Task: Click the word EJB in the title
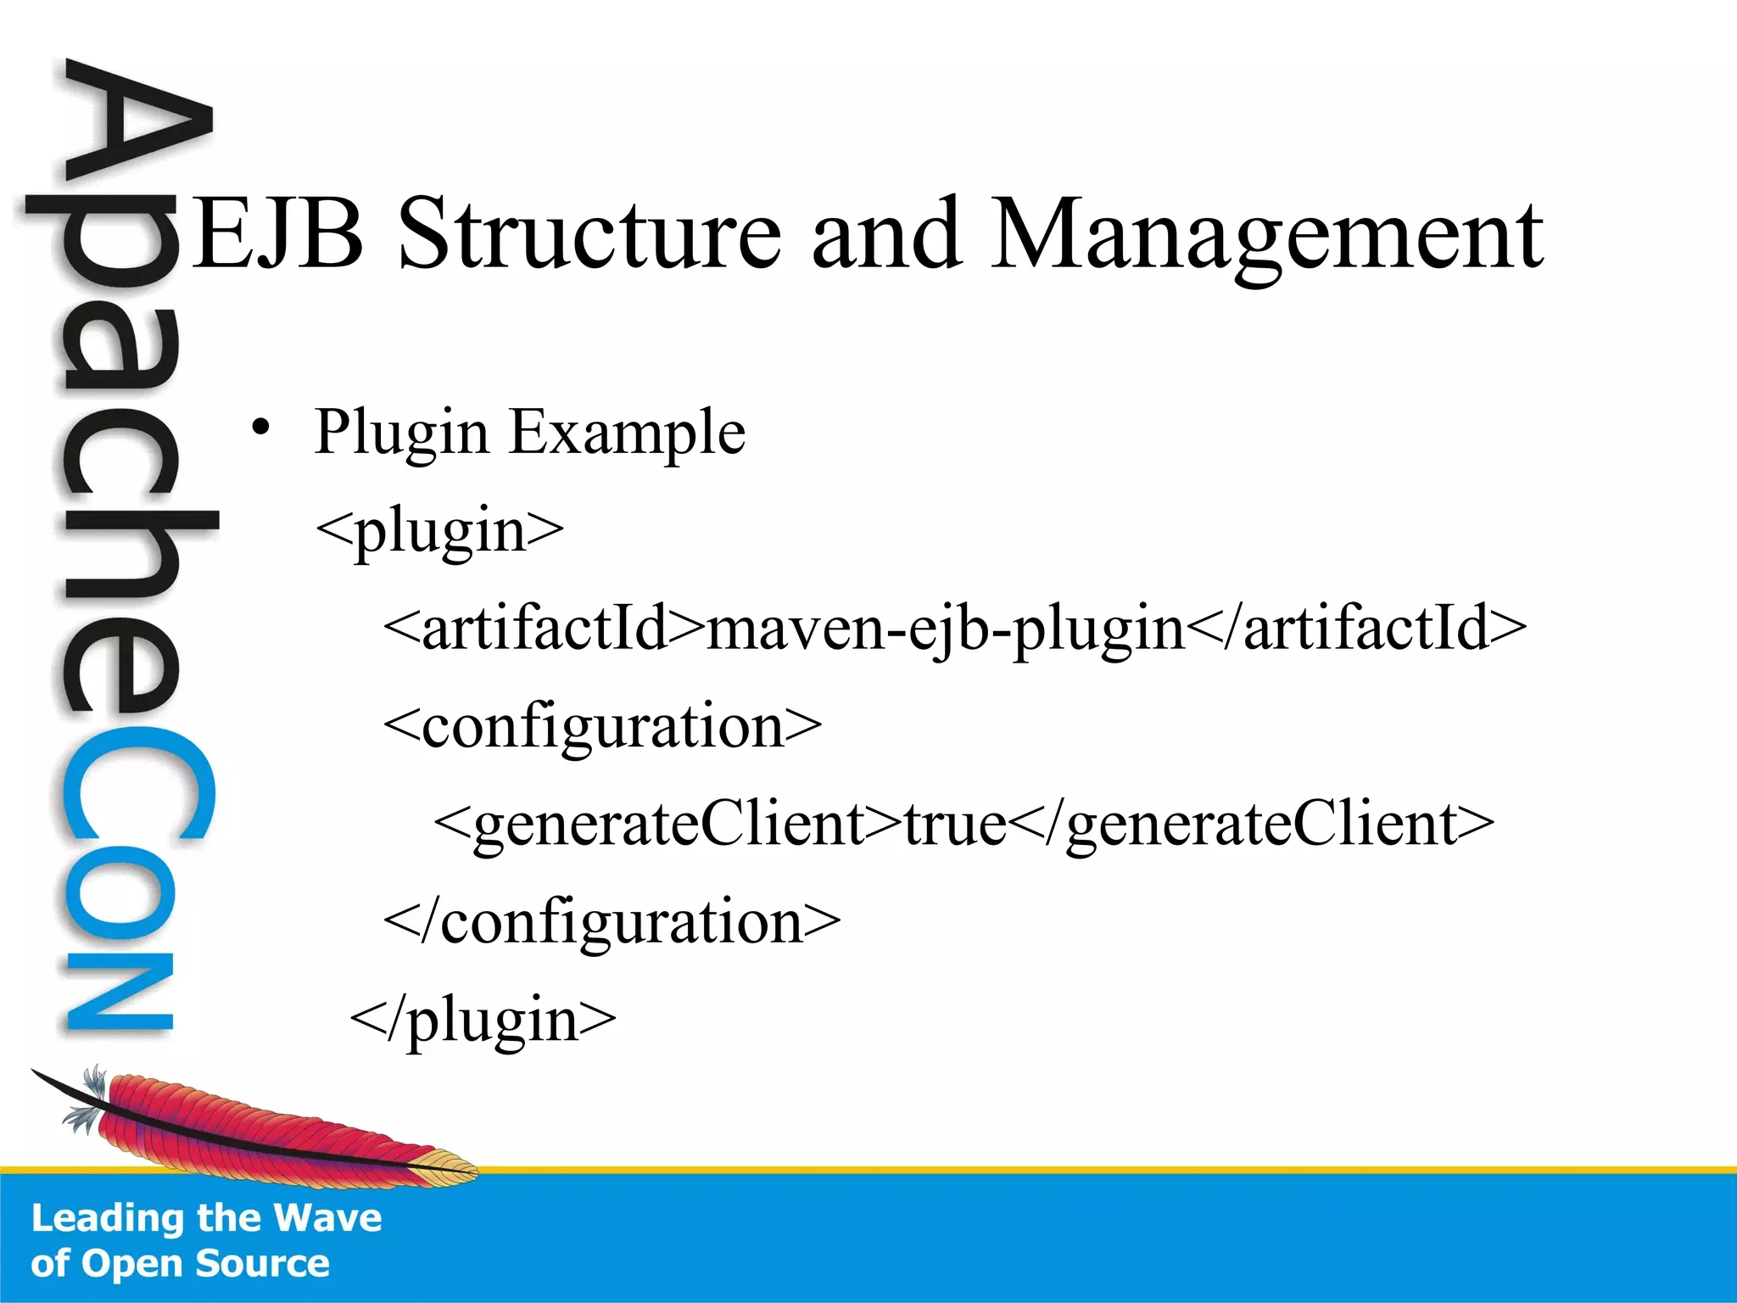[x=278, y=233]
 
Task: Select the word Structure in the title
[x=589, y=233]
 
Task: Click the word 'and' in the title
[x=886, y=233]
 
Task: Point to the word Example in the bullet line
[x=627, y=433]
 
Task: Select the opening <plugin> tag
[x=439, y=530]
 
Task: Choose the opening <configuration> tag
[x=602, y=727]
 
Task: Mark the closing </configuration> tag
[x=612, y=922]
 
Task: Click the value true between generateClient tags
[x=955, y=825]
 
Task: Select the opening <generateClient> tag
[x=667, y=825]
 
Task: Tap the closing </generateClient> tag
[x=1252, y=825]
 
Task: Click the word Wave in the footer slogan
[x=328, y=1218]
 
